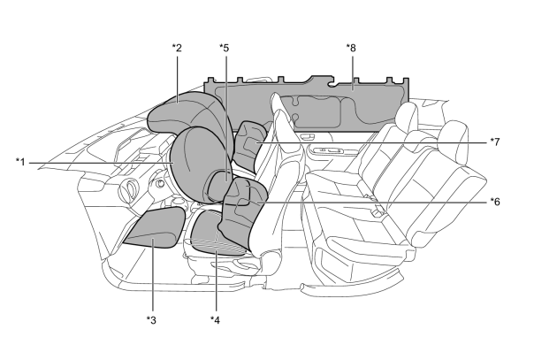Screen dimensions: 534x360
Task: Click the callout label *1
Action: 20,162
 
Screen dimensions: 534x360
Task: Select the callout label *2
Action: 177,48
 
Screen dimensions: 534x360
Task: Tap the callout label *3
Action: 151,320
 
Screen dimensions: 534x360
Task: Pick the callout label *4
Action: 215,320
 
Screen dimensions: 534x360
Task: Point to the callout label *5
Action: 224,48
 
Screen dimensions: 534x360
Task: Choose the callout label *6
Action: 495,202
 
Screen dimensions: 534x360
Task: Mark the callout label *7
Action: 495,142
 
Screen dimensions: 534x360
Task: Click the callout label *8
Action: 351,48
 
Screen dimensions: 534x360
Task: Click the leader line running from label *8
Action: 353,72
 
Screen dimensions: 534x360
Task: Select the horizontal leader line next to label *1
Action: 102,163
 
